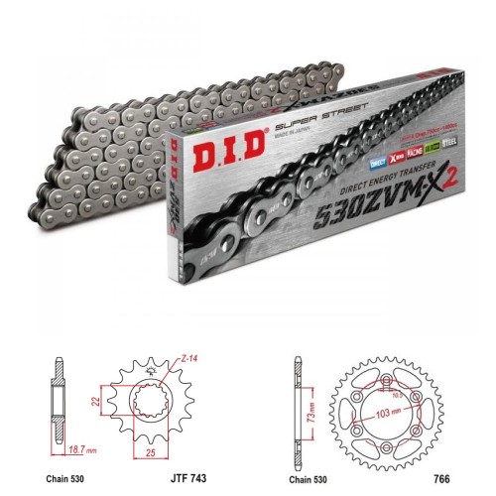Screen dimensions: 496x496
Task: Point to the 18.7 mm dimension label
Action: click(62, 448)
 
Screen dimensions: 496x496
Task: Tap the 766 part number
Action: click(441, 476)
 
